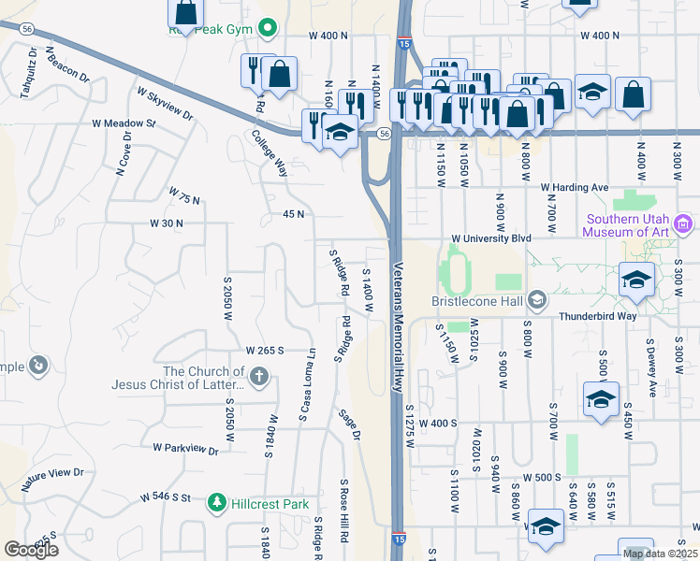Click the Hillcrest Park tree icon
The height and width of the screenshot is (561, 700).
(x=217, y=504)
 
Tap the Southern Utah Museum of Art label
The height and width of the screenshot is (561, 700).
(x=628, y=225)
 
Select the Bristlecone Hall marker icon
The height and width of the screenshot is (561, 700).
(x=536, y=300)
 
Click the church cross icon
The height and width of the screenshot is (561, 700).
(x=259, y=378)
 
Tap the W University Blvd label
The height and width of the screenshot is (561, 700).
(x=490, y=238)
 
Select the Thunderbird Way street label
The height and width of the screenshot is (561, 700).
(x=598, y=316)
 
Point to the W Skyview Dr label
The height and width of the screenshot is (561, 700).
(x=165, y=105)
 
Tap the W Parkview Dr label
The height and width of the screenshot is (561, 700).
(x=185, y=450)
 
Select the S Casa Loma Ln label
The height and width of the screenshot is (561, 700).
(x=307, y=383)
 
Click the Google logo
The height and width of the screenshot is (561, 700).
(x=32, y=550)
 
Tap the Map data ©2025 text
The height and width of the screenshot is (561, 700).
(x=660, y=554)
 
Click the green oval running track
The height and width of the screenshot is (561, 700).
(x=456, y=269)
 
